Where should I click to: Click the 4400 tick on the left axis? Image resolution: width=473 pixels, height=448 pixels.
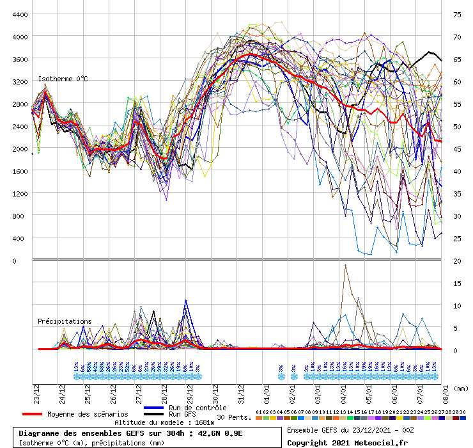[x=19, y=14]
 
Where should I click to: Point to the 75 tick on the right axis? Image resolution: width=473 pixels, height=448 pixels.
[x=457, y=14]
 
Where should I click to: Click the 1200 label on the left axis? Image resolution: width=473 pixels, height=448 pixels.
[x=19, y=193]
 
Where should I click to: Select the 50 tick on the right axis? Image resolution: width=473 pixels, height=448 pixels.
[x=457, y=126]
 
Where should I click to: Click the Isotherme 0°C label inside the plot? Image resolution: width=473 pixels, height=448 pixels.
[x=63, y=79]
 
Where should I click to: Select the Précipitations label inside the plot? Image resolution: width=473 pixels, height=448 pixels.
[x=65, y=321]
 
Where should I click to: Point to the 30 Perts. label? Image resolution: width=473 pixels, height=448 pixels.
[x=234, y=417]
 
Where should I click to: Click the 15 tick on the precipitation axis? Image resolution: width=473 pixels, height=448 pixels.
[x=457, y=283]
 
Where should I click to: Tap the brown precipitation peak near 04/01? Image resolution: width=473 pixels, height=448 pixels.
[x=345, y=265]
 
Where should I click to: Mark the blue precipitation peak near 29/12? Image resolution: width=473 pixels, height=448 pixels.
[x=186, y=300]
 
